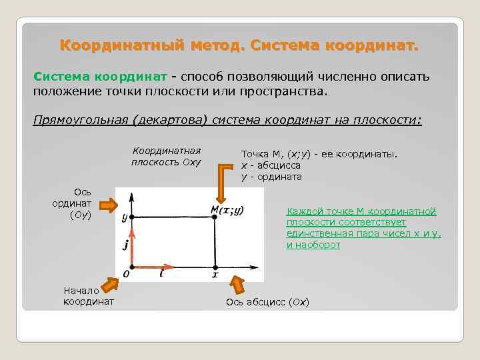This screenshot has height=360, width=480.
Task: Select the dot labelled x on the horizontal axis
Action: point(215,264)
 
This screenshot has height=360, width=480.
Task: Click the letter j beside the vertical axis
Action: point(125,245)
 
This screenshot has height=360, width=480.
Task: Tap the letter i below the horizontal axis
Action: point(161,274)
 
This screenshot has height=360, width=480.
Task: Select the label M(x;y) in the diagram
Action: point(227,210)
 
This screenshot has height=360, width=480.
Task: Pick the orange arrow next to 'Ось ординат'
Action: point(106,203)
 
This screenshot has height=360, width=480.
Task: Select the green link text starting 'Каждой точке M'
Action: point(363,228)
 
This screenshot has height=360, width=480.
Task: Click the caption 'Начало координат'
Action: point(88,296)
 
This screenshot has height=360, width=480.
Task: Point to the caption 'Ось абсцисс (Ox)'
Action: point(267,303)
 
